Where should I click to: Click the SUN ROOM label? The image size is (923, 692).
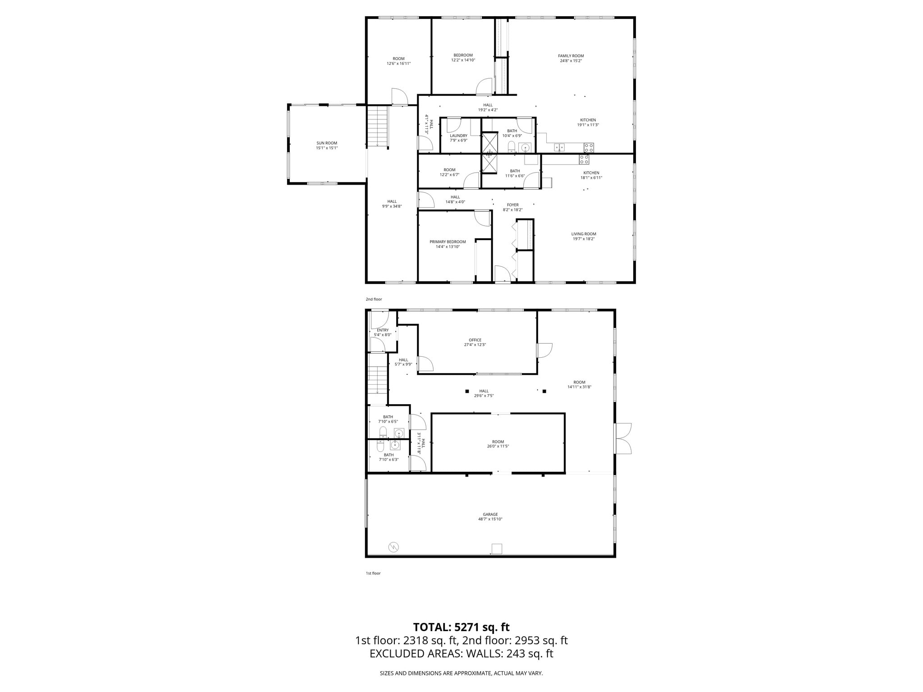[327, 143]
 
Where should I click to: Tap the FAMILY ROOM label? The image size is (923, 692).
[571, 56]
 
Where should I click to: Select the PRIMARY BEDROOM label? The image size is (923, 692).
[448, 242]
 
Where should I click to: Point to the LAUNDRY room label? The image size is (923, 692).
[458, 136]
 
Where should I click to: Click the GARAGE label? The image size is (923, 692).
[490, 514]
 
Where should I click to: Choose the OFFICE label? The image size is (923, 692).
[475, 340]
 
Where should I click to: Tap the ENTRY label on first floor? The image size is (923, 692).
[383, 330]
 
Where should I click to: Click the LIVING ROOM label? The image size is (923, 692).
[584, 234]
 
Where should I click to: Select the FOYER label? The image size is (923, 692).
[513, 205]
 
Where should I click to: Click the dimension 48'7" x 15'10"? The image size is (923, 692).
[490, 519]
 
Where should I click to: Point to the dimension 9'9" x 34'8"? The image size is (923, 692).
[392, 206]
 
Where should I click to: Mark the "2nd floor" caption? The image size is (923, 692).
[374, 299]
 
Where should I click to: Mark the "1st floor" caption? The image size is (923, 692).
[373, 573]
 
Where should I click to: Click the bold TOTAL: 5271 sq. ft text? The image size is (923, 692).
[461, 627]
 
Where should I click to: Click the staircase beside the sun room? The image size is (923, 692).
[378, 126]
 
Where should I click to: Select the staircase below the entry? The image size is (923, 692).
[378, 379]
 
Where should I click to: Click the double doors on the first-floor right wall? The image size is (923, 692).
[623, 438]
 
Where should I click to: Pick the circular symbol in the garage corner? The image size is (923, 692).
[394, 547]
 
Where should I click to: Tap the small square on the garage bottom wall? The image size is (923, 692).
[497, 549]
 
